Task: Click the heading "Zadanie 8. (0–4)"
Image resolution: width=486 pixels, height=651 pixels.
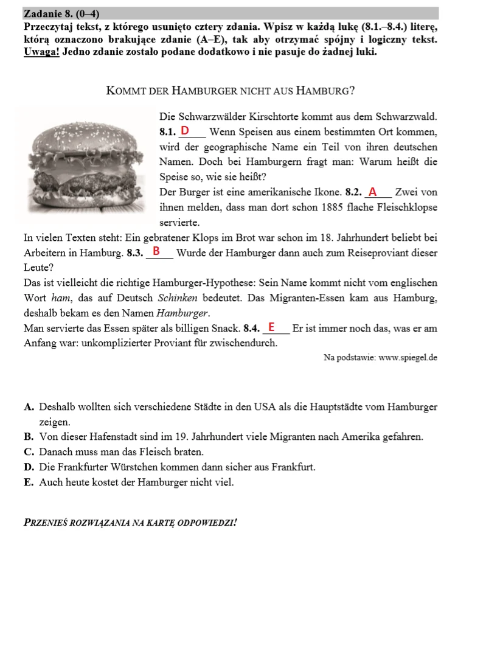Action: coord(61,13)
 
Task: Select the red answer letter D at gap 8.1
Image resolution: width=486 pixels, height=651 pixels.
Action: coord(185,131)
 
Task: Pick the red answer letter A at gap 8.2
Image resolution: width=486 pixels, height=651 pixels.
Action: coord(373,192)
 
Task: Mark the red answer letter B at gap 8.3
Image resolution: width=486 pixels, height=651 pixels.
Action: coord(156,251)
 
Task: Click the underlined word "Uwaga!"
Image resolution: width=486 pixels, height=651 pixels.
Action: coord(41,51)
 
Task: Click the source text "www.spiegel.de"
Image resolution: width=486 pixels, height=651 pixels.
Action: coord(408,358)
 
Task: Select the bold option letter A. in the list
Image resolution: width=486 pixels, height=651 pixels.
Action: coord(29,407)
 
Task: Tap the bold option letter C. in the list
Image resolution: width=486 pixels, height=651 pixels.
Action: coord(29,452)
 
